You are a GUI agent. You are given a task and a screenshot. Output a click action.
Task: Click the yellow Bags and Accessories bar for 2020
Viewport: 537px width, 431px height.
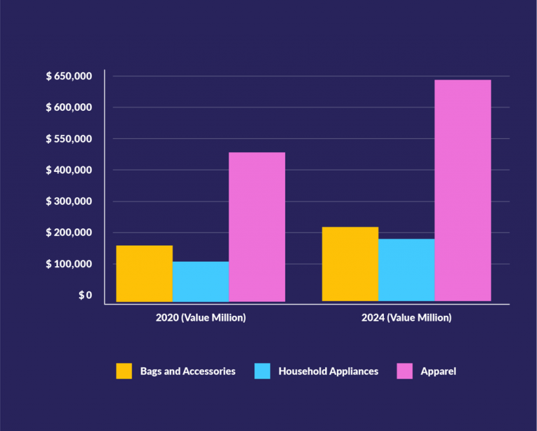[144, 274]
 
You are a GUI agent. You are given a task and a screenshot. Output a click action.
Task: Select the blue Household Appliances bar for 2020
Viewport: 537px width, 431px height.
[201, 282]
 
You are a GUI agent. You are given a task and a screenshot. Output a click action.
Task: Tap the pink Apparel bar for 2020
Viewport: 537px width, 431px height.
[257, 227]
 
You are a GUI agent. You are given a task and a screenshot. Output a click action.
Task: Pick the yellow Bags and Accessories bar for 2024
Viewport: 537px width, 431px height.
[350, 264]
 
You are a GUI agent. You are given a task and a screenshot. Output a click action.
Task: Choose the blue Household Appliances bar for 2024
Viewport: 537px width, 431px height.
[406, 270]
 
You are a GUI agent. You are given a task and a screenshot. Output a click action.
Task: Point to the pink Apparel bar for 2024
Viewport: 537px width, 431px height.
[462, 191]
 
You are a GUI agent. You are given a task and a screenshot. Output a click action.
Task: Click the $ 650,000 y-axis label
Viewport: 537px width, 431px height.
[69, 76]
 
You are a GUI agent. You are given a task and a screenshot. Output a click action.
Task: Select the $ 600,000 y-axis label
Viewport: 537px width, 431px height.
[69, 108]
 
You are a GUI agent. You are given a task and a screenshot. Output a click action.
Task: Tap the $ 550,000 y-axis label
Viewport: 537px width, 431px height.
[69, 139]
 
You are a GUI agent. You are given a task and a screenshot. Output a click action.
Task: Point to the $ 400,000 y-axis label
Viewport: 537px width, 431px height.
[69, 170]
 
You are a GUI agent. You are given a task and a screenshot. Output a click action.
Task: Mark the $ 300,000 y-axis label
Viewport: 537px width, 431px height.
[69, 201]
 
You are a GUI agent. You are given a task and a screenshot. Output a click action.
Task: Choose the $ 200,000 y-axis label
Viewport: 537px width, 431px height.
[69, 233]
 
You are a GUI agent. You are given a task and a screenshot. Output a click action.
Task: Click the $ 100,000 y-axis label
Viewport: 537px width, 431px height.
[69, 264]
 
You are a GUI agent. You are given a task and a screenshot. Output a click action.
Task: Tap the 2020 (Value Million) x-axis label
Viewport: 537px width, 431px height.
[201, 318]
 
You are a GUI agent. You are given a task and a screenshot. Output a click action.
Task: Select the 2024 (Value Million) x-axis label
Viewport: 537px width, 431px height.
[406, 318]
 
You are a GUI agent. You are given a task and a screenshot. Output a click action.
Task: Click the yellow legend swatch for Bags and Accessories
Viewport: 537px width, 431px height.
[124, 371]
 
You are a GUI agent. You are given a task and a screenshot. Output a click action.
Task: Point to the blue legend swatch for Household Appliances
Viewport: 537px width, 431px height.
[262, 371]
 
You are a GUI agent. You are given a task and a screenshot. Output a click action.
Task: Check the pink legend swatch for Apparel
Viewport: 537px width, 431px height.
[404, 371]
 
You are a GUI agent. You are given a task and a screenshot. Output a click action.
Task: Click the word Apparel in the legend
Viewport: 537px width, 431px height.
[438, 371]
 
